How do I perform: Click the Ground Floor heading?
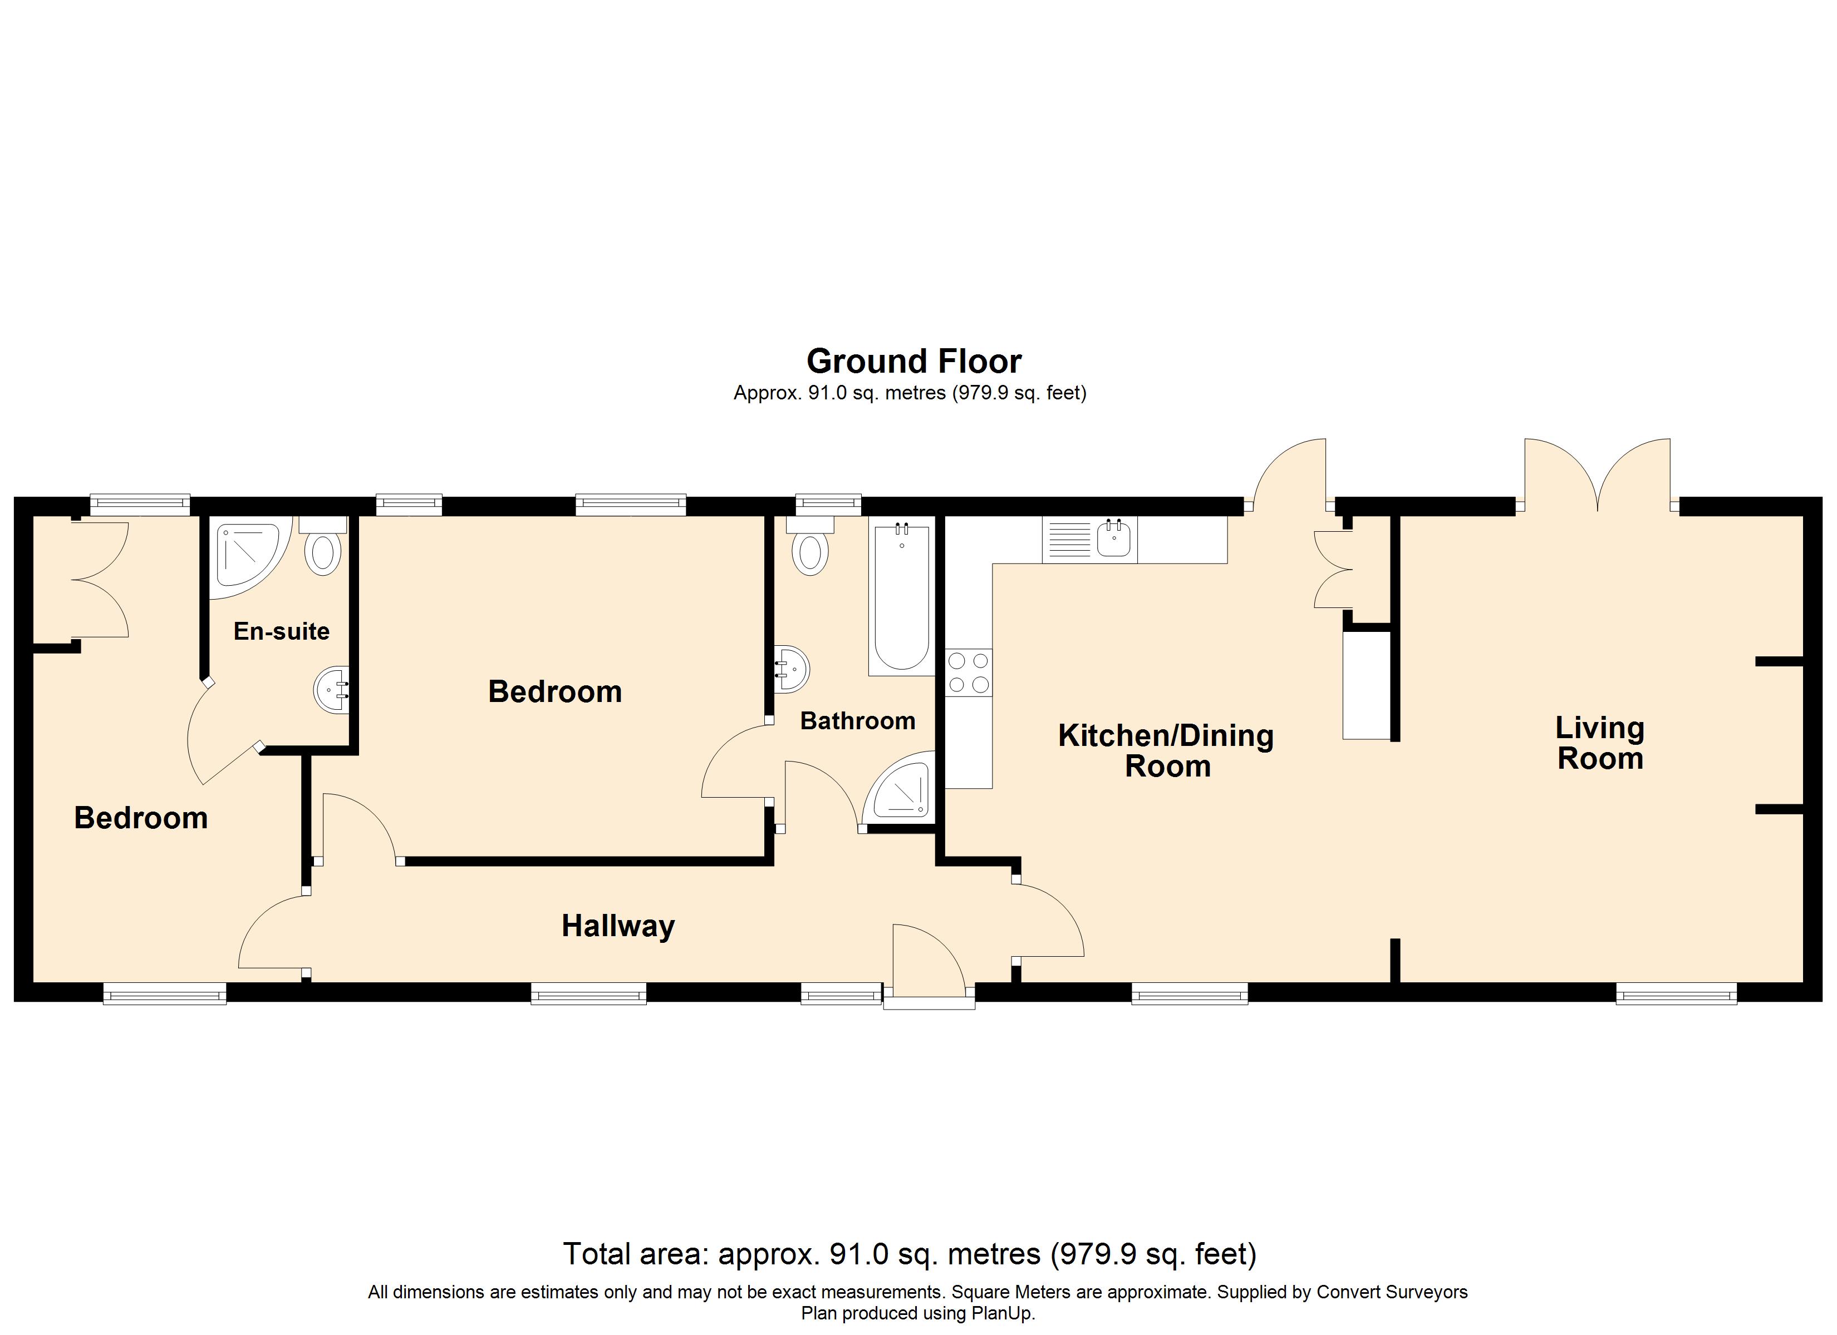point(913,361)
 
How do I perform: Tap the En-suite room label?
point(281,631)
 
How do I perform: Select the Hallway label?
point(618,926)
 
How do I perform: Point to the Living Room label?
point(1600,743)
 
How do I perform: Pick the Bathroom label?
point(858,720)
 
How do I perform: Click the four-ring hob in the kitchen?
point(969,673)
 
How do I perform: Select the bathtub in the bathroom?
point(901,595)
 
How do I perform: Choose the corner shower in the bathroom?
point(901,789)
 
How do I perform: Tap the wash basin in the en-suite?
point(332,690)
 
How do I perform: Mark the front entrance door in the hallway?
point(929,963)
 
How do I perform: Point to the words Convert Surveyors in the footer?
point(1392,1292)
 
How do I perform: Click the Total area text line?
point(910,1254)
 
